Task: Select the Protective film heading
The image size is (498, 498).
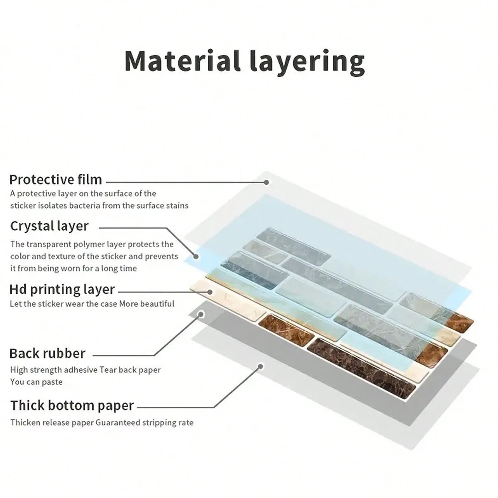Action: tap(56, 179)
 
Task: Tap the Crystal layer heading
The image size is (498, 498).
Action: tap(49, 226)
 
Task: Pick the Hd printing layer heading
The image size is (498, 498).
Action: tap(62, 289)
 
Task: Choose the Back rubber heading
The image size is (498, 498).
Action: tap(47, 353)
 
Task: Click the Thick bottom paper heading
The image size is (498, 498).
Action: tap(72, 405)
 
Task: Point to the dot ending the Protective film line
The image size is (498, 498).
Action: tap(266, 182)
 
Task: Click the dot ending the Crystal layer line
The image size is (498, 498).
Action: tap(196, 256)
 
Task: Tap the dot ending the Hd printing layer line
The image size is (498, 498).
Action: tap(210, 292)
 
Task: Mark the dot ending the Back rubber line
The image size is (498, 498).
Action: tap(200, 314)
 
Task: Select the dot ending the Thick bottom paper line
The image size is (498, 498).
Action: tap(261, 366)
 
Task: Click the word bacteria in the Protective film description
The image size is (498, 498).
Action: tap(83, 206)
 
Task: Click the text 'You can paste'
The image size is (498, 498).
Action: tap(36, 382)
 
